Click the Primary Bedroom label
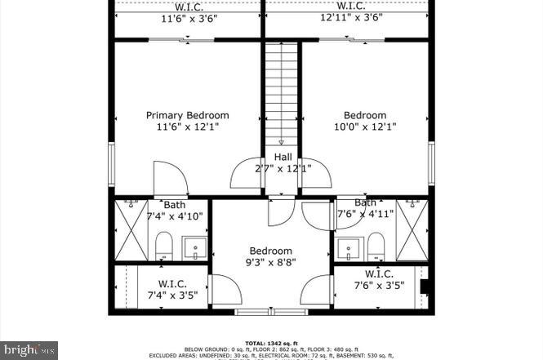[187, 115]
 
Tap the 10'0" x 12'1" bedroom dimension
[364, 127]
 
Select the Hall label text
[283, 157]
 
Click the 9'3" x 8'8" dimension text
[270, 263]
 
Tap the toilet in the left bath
[164, 245]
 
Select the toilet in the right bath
[376, 245]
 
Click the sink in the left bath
[194, 247]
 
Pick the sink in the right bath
[348, 247]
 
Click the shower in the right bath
[412, 230]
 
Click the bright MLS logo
[30, 349]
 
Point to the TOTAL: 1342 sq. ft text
[271, 343]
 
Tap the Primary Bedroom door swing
[170, 178]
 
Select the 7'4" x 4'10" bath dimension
[175, 216]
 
